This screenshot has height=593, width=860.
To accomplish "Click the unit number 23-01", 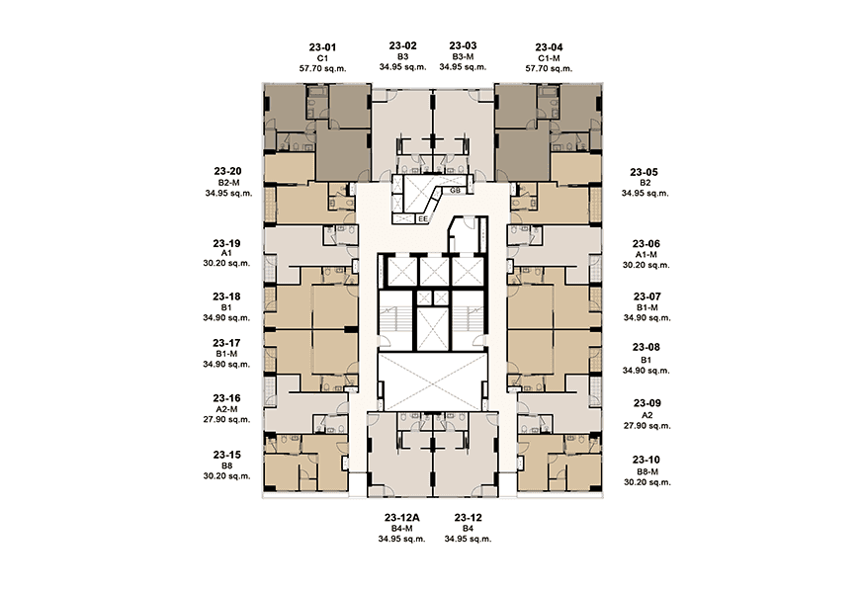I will coord(322,46).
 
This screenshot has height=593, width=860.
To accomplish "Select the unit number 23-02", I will coord(402,45).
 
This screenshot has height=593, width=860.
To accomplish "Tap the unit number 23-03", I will coord(463,45).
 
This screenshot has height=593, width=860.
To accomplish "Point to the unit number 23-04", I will coord(549,46).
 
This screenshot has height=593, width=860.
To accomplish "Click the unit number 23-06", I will coord(646,243).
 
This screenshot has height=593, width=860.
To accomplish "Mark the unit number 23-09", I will coord(646,403).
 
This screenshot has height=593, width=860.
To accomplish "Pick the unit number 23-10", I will coord(646,459).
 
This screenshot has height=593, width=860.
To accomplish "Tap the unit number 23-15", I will coord(226,455).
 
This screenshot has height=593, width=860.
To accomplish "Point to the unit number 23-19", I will coord(226,242).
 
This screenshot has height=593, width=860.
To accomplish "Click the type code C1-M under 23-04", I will coord(549,58).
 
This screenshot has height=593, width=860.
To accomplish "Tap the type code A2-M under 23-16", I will coord(226,409).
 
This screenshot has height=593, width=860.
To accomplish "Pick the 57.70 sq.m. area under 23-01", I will coord(322,69).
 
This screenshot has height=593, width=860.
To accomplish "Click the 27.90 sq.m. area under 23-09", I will coord(646,426).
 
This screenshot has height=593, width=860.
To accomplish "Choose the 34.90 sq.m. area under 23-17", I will coord(226,365).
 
